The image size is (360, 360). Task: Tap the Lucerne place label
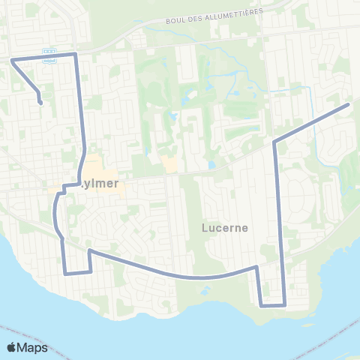(x=225, y=226)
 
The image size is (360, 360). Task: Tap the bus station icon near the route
(x=49, y=57)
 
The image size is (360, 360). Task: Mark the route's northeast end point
(x=349, y=105)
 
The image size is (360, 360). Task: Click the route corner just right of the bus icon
(x=76, y=54)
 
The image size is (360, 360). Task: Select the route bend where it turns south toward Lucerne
(x=274, y=142)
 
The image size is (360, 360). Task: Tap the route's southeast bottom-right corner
(x=285, y=305)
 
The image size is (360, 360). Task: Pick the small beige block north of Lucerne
(x=169, y=163)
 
